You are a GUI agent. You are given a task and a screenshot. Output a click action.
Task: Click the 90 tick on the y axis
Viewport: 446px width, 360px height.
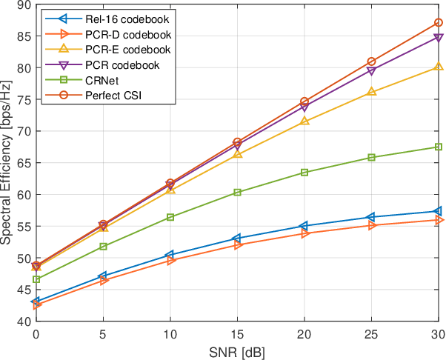[23, 4]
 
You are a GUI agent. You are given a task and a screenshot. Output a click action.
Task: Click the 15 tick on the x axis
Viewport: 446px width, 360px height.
[237, 334]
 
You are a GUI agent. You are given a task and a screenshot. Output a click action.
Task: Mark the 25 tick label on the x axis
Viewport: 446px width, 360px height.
[371, 334]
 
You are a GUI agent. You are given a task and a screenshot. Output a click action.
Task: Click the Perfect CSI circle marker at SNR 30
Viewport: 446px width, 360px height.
[439, 23]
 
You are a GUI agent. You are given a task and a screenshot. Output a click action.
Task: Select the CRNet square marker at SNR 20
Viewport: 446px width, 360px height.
[304, 173]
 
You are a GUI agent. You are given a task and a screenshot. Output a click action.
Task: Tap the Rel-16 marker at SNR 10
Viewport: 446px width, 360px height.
[170, 255]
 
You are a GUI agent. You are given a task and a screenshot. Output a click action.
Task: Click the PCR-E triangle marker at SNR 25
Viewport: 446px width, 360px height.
[371, 92]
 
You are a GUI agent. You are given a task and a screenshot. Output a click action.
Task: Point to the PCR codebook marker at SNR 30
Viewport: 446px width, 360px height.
[439, 37]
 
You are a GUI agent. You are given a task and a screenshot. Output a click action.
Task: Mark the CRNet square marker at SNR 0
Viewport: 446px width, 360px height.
[36, 279]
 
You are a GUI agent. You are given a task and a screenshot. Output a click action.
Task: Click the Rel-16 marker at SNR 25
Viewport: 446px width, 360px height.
[371, 217]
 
